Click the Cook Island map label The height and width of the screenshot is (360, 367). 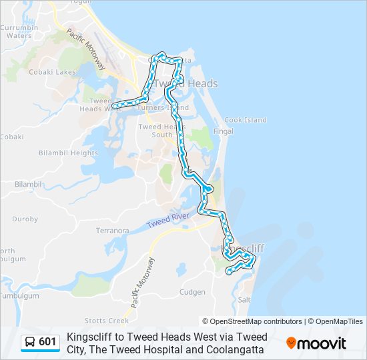click(x=245, y=120)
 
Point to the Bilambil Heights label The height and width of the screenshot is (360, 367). click(x=68, y=153)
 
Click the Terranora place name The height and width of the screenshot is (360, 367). click(x=112, y=231)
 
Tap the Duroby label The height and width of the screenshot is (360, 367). click(x=25, y=219)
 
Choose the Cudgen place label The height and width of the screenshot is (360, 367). click(x=192, y=292)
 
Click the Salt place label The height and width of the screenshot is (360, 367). click(x=244, y=300)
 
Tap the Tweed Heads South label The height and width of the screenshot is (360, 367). click(x=157, y=131)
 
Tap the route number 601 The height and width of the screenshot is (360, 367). click(x=47, y=343)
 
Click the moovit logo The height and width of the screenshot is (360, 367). click(x=316, y=343)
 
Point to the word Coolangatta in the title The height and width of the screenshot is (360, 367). click(x=232, y=349)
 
